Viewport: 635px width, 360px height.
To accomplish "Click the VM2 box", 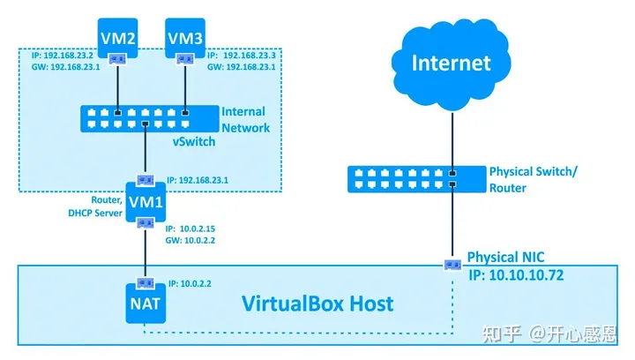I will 117,38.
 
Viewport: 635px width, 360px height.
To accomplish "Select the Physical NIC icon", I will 452,264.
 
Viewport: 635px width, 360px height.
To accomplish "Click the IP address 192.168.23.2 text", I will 54,53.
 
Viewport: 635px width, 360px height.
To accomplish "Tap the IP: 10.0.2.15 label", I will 195,228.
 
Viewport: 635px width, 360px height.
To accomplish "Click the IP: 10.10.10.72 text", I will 515,275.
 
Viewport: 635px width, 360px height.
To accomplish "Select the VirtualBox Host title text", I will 317,304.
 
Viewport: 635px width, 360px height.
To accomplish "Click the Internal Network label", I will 245,119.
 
